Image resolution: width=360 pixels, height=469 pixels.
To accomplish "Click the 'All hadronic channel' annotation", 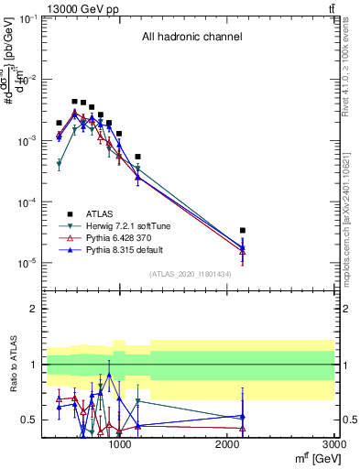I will coord(191,38).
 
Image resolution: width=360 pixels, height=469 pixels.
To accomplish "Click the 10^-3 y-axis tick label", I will coord(28,141).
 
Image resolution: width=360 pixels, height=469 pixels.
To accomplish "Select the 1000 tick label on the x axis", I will coord(119,443).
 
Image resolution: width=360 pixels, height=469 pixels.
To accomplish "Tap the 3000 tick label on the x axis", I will coord(334,443).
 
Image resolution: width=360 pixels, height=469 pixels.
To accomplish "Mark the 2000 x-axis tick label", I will coord(226,443).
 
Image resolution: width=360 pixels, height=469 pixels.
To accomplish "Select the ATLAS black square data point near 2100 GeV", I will coord(243,231).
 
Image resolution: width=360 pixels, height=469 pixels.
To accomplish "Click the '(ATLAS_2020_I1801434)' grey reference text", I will coord(190,274).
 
